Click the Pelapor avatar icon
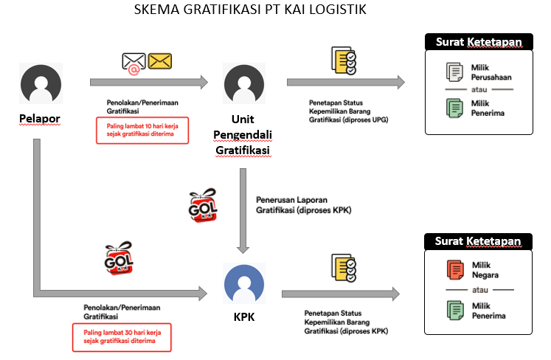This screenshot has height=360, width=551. click(x=41, y=83)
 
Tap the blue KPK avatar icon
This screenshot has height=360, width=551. click(x=244, y=283)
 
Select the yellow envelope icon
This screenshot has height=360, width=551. click(x=160, y=61)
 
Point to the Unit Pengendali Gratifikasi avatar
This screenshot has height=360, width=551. click(x=244, y=83)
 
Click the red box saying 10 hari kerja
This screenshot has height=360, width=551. click(x=142, y=131)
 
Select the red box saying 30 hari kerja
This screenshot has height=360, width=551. click(x=122, y=337)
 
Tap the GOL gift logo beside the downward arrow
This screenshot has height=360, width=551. click(x=203, y=205)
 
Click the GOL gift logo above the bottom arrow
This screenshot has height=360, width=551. click(x=119, y=258)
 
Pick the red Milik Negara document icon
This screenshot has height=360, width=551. click(x=455, y=270)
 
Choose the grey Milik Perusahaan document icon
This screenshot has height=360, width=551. click(x=454, y=72)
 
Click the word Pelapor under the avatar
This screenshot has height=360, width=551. click(x=40, y=119)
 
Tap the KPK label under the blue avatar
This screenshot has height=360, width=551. click(x=244, y=316)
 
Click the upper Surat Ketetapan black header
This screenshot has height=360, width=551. click(x=479, y=42)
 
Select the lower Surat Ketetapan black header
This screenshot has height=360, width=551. click(x=478, y=241)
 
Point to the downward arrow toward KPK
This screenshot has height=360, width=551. click(x=243, y=211)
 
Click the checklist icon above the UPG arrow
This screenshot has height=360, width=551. click(x=344, y=60)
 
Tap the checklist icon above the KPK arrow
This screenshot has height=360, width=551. click(x=344, y=268)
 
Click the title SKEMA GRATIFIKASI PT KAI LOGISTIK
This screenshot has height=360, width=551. click(x=250, y=10)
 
